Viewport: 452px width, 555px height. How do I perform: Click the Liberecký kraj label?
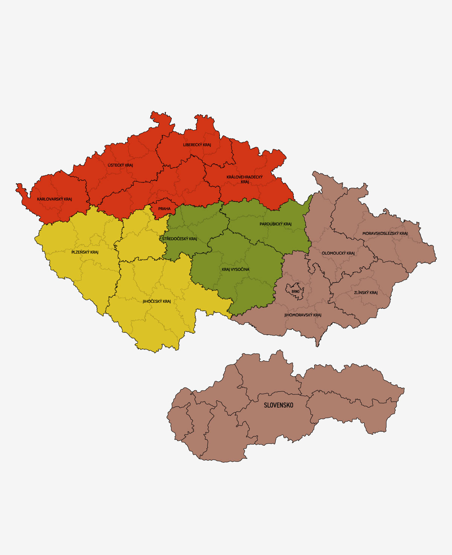197,145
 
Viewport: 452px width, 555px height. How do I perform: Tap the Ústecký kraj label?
120,165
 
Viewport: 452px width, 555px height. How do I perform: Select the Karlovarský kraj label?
54,199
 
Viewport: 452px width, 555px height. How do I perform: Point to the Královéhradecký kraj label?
244,179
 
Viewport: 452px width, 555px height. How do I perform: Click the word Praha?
164,209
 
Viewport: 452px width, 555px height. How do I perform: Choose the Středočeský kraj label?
179,239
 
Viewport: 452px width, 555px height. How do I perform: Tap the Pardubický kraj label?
275,224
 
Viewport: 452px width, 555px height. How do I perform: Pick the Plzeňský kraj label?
85,252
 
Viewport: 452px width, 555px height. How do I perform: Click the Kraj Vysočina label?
235,270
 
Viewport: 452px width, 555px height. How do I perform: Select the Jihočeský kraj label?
157,301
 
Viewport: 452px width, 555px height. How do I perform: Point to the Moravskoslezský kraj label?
385,233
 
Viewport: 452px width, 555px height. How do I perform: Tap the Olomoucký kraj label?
338,253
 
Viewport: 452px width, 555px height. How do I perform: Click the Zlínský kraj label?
365,293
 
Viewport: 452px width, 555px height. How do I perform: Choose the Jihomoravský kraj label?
302,315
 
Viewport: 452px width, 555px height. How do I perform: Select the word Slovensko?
278,405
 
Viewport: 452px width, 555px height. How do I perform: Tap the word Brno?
295,291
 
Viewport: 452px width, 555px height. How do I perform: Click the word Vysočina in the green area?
240,270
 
